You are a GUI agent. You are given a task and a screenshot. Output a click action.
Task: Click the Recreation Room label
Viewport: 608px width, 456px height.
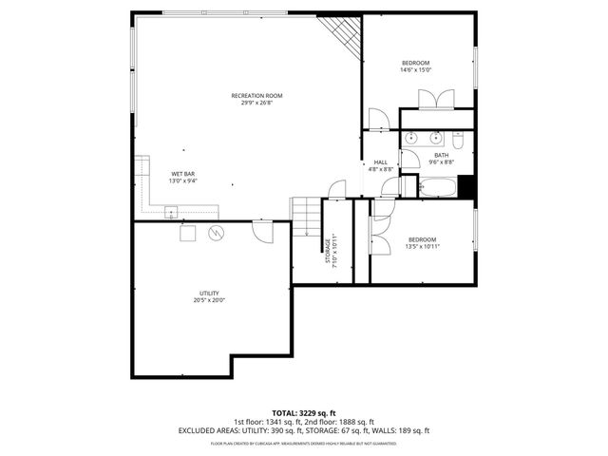(x=256, y=95)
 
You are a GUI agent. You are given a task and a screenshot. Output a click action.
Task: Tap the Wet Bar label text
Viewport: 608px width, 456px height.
(x=183, y=174)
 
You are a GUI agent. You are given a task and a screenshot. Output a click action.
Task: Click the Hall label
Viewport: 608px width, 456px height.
(x=380, y=162)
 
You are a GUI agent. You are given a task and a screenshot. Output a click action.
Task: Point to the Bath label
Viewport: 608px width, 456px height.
(x=441, y=156)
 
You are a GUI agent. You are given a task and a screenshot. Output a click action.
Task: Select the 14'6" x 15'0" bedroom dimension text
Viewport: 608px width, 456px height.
(x=416, y=70)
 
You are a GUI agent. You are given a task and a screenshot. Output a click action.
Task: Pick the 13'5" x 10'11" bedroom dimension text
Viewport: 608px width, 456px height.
(x=422, y=246)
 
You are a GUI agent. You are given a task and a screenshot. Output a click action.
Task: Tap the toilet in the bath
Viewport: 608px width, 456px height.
(x=457, y=141)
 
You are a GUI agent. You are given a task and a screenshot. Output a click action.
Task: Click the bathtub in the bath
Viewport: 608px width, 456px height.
(x=435, y=186)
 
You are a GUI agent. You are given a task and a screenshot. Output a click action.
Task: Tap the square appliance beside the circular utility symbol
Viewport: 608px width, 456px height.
(x=187, y=233)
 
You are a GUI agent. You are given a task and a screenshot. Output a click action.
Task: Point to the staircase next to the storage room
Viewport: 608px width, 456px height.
(x=305, y=217)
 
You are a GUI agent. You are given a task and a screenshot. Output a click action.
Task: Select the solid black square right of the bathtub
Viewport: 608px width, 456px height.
(x=465, y=187)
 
